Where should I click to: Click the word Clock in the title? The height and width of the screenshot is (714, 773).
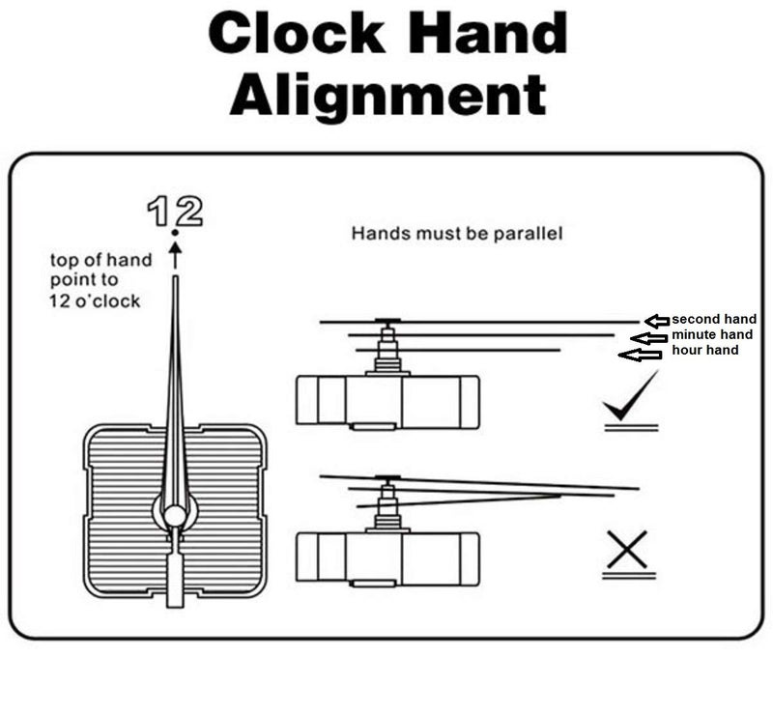point(297,33)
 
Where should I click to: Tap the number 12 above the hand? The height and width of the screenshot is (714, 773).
point(175,211)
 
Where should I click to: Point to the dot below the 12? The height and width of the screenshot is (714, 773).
point(175,232)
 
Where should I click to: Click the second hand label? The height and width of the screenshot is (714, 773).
point(714,319)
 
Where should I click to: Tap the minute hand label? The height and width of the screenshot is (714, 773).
point(712,335)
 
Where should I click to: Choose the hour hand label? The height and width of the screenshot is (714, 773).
point(705,350)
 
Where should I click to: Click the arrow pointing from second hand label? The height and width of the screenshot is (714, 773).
point(658,321)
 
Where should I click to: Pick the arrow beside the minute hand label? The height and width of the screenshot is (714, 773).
point(648,338)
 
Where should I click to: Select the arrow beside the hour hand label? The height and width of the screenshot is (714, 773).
point(640,355)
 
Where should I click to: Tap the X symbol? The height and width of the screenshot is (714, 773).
point(627,550)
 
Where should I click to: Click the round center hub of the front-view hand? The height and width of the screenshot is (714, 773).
point(175,516)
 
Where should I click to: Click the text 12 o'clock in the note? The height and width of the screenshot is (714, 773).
point(95,300)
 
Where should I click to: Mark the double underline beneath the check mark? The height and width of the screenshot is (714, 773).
point(632,427)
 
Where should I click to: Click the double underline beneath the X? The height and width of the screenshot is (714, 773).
point(629,575)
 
